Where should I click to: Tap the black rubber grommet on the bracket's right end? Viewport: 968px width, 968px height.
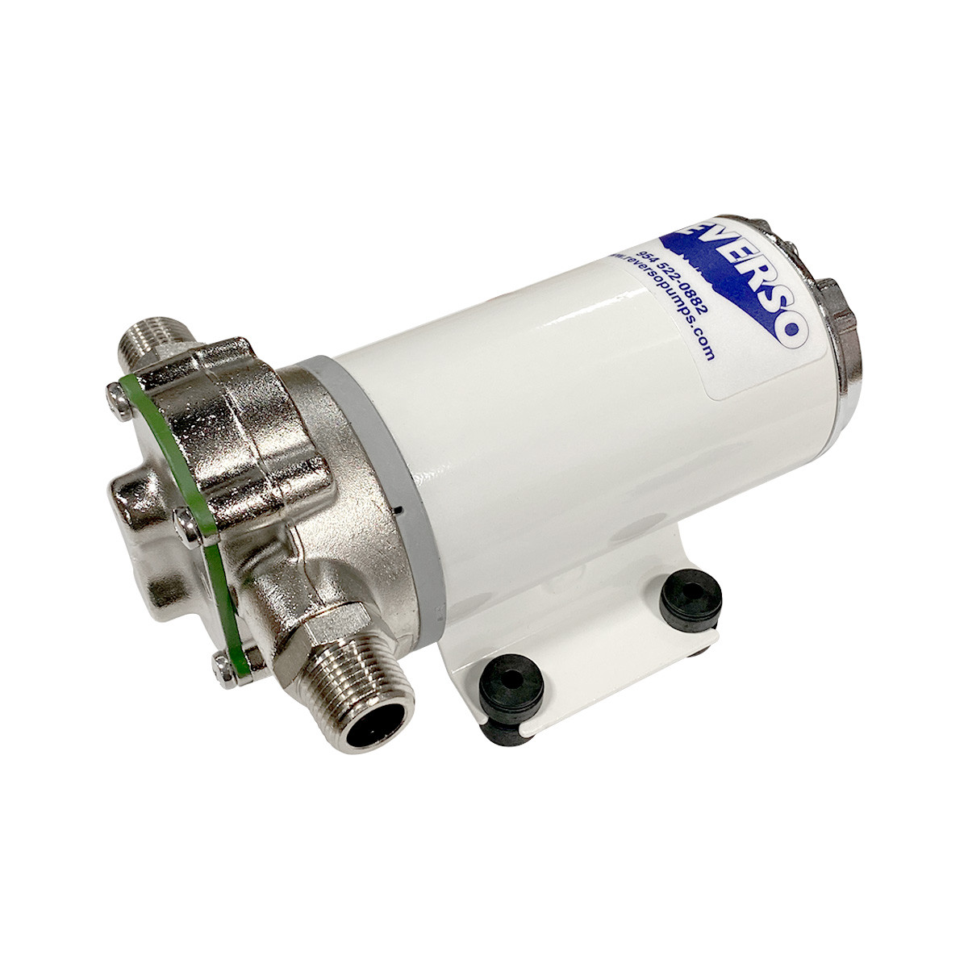[x=689, y=599]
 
